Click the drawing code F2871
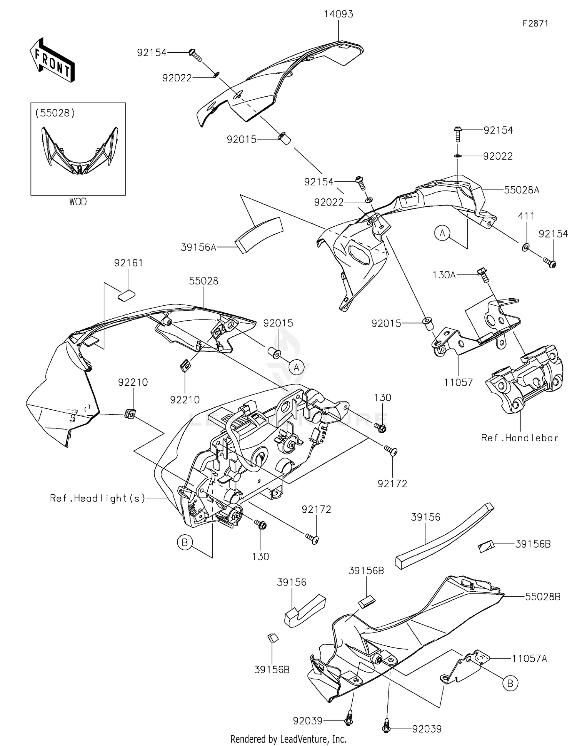point(535,23)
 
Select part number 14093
point(339,14)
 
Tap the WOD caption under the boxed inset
point(78,202)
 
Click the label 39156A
point(198,247)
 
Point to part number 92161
point(128,263)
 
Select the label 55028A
point(522,190)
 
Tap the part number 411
point(526,216)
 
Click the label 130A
point(444,275)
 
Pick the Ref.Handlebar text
point(520,438)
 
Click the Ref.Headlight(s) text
point(98,498)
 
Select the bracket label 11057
point(458,382)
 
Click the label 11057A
point(529,659)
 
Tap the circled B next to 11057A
point(510,683)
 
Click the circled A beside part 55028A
point(442,233)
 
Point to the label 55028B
point(543,597)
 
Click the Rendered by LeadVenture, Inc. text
point(288,739)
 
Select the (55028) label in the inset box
point(55,113)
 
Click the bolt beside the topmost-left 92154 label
point(195,55)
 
